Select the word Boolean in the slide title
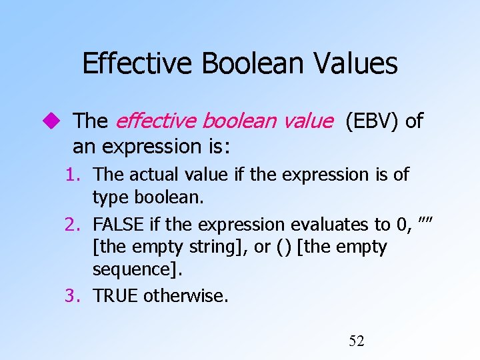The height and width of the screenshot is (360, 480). [x=248, y=64]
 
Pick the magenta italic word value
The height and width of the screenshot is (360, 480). [x=306, y=121]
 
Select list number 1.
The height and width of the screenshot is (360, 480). [x=73, y=175]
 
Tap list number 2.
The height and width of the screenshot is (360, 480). [x=73, y=225]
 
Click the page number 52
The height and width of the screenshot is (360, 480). [x=357, y=341]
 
